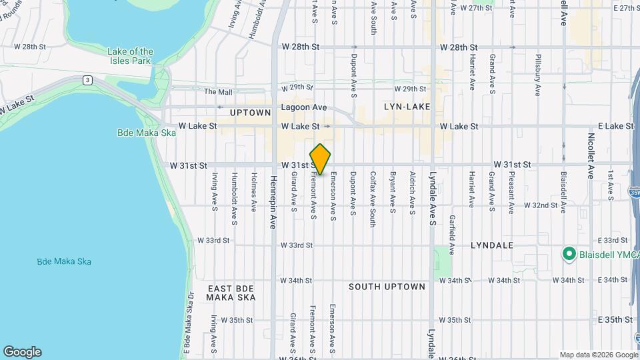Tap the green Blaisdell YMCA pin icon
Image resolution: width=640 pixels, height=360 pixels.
[569, 254]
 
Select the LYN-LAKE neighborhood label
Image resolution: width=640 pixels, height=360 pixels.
[407, 107]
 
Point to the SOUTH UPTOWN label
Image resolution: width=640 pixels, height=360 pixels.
[387, 287]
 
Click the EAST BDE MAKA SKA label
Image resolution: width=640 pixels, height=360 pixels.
[231, 293]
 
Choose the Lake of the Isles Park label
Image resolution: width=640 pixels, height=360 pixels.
[131, 56]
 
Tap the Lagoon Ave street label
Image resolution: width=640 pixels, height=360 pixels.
[304, 107]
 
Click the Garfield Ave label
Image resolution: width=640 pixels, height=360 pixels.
[452, 235]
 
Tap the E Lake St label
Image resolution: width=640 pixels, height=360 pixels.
[615, 126]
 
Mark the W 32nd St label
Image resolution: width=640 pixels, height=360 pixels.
[540, 205]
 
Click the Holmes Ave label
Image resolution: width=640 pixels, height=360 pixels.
[254, 193]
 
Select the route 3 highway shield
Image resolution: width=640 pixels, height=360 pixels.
[87, 80]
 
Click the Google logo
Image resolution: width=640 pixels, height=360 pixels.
[22, 351]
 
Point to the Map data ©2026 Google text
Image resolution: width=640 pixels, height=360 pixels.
[598, 355]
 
